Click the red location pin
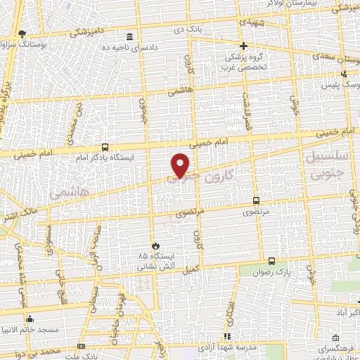pos(181,165)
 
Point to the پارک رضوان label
pos(274,271)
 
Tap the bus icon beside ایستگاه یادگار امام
pos(105,147)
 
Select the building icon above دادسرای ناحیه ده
pos(129,36)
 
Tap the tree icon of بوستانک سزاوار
pos(22,33)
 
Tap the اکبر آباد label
pos(345,310)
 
